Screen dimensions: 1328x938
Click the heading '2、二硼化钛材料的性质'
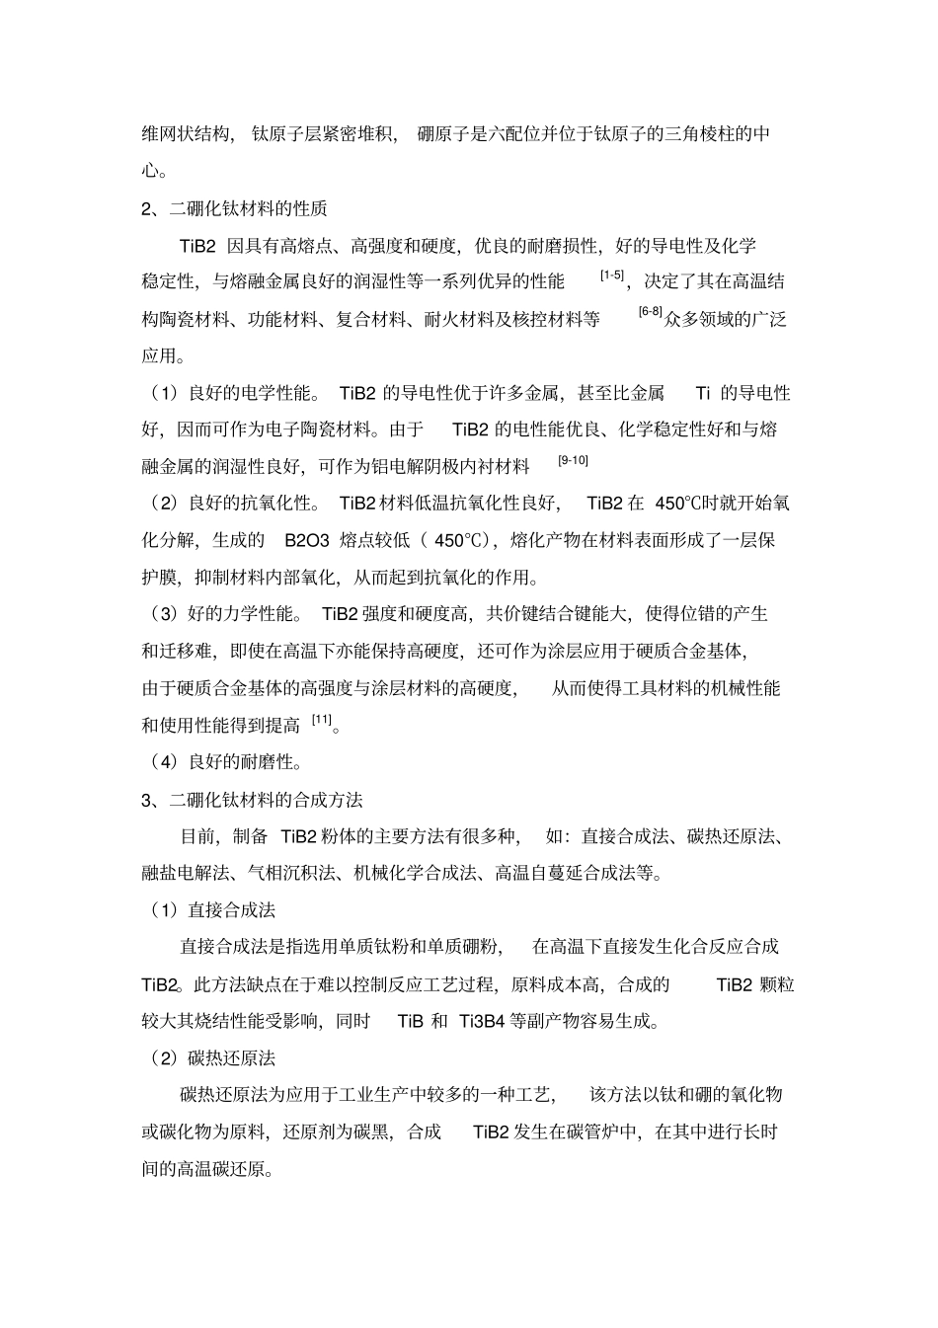pyautogui.click(x=234, y=208)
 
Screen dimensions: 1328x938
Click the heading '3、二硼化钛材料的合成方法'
pyautogui.click(x=252, y=799)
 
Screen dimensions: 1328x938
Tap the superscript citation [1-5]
pyautogui.click(x=612, y=275)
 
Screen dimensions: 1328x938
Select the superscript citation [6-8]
pyautogui.click(x=650, y=312)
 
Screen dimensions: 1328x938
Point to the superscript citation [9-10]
pyautogui.click(x=573, y=460)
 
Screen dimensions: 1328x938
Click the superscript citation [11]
pyautogui.click(x=322, y=720)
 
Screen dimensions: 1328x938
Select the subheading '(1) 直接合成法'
pyautogui.click(x=211, y=909)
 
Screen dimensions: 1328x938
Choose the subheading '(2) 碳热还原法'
pyautogui.click(x=211, y=1057)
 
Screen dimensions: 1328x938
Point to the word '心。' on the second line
pyautogui.click(x=153, y=171)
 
